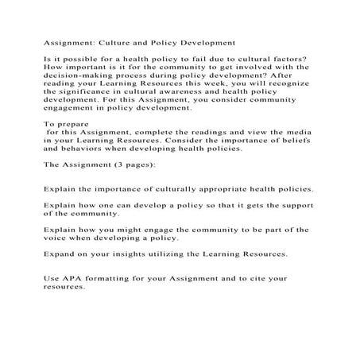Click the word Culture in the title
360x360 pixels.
113,44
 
